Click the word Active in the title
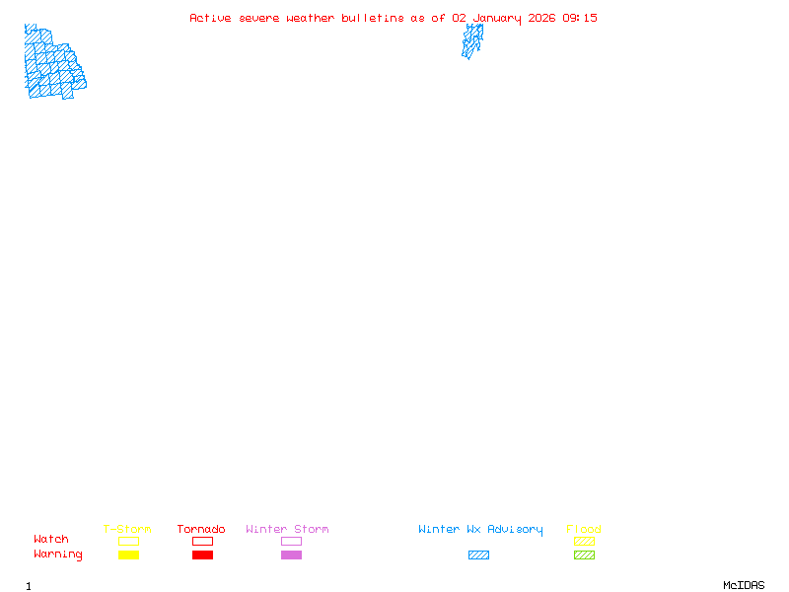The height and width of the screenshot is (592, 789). click(210, 18)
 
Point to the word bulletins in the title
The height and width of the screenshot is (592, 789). click(373, 18)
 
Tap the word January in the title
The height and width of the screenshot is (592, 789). click(496, 18)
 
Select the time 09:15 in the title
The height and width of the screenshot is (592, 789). click(580, 18)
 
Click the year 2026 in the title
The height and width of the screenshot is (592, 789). click(541, 18)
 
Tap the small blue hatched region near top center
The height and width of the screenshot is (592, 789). click(472, 40)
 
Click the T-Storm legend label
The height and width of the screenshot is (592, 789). click(127, 530)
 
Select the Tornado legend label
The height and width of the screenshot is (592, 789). click(201, 530)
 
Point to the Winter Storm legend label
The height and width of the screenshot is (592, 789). click(287, 530)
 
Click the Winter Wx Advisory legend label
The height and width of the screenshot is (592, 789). click(480, 530)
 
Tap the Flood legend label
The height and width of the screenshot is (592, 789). click(584, 530)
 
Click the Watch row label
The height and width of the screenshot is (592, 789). click(51, 540)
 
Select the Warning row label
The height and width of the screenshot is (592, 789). click(57, 555)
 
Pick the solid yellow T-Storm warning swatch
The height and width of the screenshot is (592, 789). click(128, 555)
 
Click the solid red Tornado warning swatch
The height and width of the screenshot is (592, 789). click(202, 555)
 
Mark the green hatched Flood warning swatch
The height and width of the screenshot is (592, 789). click(584, 555)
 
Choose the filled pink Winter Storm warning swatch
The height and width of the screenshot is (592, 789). click(291, 555)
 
